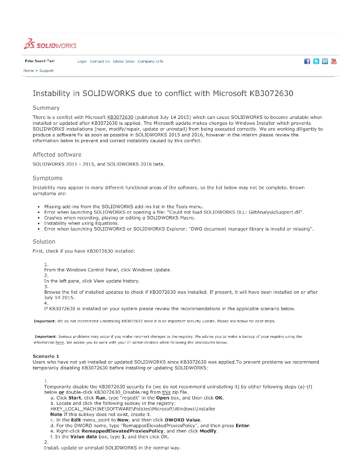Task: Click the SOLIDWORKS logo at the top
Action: click(51, 45)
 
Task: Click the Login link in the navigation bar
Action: click(82, 62)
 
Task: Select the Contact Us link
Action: click(100, 62)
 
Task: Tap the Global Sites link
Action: click(123, 62)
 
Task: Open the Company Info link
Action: click(150, 62)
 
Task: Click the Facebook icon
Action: click(307, 61)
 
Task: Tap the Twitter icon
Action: click(316, 61)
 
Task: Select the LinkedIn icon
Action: click(325, 61)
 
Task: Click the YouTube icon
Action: click(334, 61)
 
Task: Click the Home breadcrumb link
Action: click(29, 71)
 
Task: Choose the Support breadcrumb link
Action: click(46, 71)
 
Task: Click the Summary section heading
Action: click(46, 108)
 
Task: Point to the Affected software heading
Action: click(57, 154)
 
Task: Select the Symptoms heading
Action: click(47, 178)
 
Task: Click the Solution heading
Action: click(44, 241)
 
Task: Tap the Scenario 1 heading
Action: click(45, 356)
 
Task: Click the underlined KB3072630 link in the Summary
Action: click(120, 117)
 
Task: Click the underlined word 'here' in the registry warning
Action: click(60, 342)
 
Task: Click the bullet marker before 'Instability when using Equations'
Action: click(38, 224)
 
